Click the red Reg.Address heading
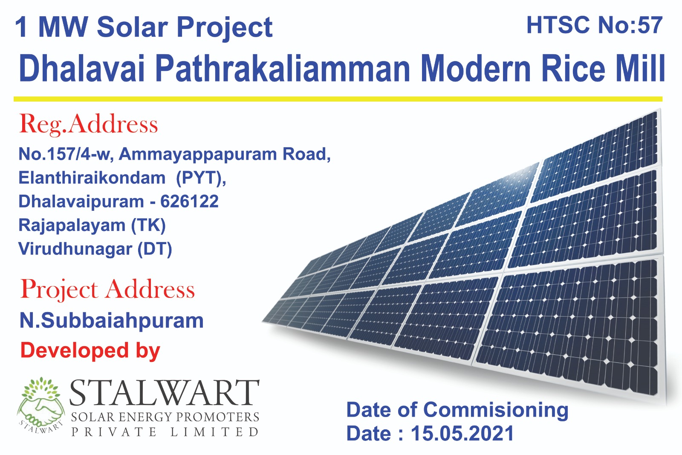[x=88, y=125]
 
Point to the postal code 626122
[x=189, y=201]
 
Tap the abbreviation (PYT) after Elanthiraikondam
[x=201, y=178]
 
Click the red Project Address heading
[x=107, y=289]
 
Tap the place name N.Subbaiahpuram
[x=111, y=321]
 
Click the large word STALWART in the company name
[x=165, y=393]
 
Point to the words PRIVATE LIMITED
[x=165, y=432]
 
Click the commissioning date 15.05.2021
[x=462, y=433]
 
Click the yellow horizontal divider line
[x=338, y=99]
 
